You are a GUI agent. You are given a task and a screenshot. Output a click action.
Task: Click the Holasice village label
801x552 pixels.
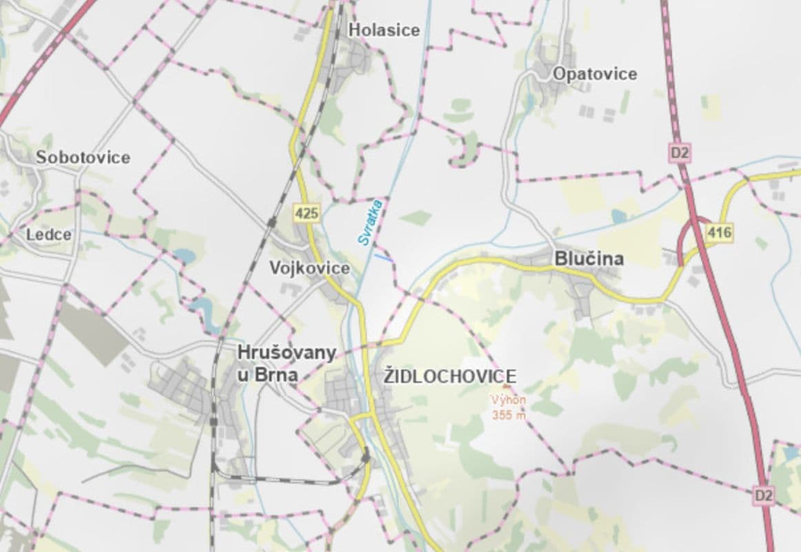(384, 30)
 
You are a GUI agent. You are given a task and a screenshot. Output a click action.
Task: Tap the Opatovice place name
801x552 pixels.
(594, 74)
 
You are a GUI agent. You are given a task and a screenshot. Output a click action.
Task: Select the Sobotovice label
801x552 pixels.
(83, 157)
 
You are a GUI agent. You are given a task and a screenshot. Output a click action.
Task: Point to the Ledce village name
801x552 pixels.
(48, 235)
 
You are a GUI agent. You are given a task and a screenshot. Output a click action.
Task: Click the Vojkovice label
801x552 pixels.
(310, 268)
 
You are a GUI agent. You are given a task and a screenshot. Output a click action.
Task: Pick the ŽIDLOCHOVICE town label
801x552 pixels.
(450, 376)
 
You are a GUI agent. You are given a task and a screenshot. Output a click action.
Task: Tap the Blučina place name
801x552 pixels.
(589, 259)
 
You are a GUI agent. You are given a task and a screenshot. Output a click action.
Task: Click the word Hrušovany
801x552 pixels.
(286, 353)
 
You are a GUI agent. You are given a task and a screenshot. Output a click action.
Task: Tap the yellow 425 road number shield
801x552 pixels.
(307, 213)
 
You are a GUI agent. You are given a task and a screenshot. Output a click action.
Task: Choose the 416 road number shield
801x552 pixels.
(719, 233)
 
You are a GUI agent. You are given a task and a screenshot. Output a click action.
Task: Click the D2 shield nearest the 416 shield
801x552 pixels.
(679, 152)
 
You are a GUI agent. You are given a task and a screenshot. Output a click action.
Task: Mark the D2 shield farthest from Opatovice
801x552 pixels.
(763, 495)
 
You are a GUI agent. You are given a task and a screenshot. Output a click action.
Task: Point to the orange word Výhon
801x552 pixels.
(508, 400)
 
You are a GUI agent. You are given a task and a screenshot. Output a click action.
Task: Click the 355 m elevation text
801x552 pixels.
(509, 415)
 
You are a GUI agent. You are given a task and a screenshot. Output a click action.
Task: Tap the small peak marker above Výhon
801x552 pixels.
(508, 388)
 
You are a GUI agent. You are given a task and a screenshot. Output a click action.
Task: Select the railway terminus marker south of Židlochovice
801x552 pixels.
(366, 456)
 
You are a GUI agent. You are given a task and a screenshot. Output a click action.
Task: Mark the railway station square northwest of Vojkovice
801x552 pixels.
(272, 222)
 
